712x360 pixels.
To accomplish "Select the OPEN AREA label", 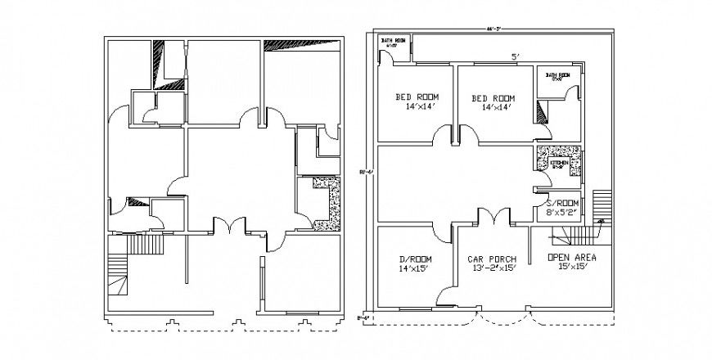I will pos(570,257).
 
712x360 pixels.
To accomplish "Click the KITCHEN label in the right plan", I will pos(559,164).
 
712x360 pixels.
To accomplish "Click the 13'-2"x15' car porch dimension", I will pos(493,268).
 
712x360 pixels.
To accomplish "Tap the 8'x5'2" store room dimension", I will pos(562,213).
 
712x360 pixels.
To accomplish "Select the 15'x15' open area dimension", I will pos(570,267).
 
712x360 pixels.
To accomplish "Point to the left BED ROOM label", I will pos(417,97).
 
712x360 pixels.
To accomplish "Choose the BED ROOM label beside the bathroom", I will pos(493,97).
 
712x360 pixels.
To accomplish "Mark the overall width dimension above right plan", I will pos(493,29).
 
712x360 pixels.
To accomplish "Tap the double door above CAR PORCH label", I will pos(493,215).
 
